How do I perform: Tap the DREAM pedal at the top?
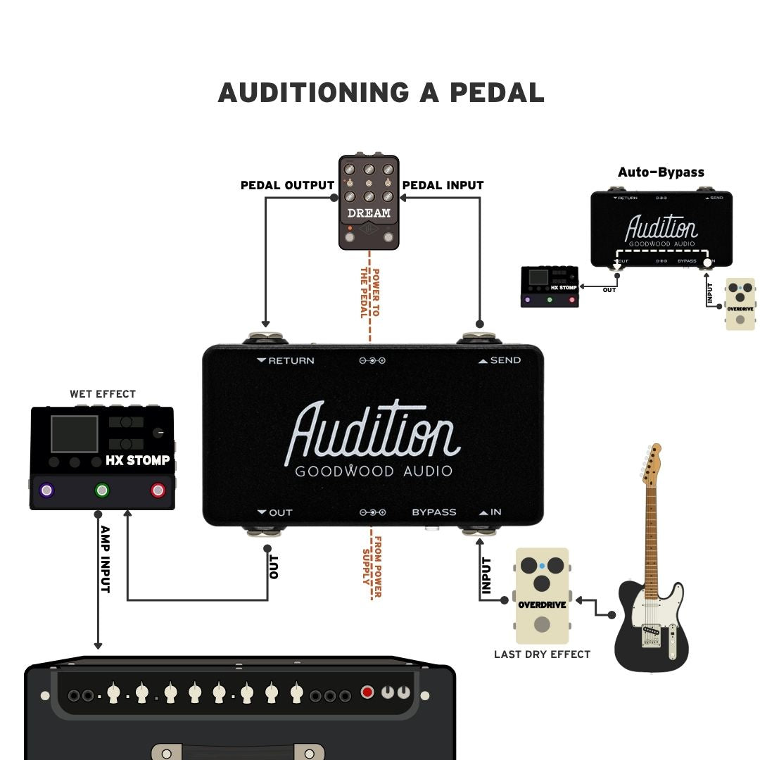click(369, 203)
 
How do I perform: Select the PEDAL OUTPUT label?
click(287, 186)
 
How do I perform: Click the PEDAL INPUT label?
click(443, 186)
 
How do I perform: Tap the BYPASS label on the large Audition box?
click(434, 512)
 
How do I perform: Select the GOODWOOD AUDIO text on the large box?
click(374, 471)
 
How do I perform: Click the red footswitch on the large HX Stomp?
click(158, 490)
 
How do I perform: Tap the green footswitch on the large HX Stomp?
click(103, 490)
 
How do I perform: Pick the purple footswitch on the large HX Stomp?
click(46, 490)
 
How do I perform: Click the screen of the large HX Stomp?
click(74, 434)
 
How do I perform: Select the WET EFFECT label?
click(103, 394)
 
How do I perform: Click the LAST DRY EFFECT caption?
click(542, 654)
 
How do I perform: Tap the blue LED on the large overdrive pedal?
click(542, 565)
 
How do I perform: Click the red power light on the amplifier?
click(367, 692)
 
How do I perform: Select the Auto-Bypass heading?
click(661, 172)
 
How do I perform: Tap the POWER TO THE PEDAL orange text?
click(369, 292)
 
